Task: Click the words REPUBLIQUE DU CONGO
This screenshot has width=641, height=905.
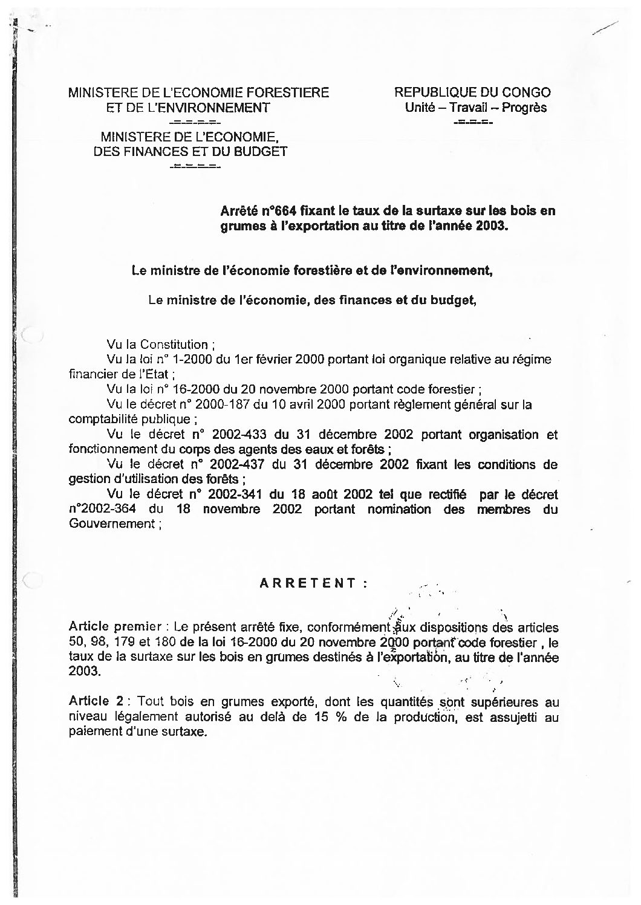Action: click(472, 92)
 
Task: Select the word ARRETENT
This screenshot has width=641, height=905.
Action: click(308, 583)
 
